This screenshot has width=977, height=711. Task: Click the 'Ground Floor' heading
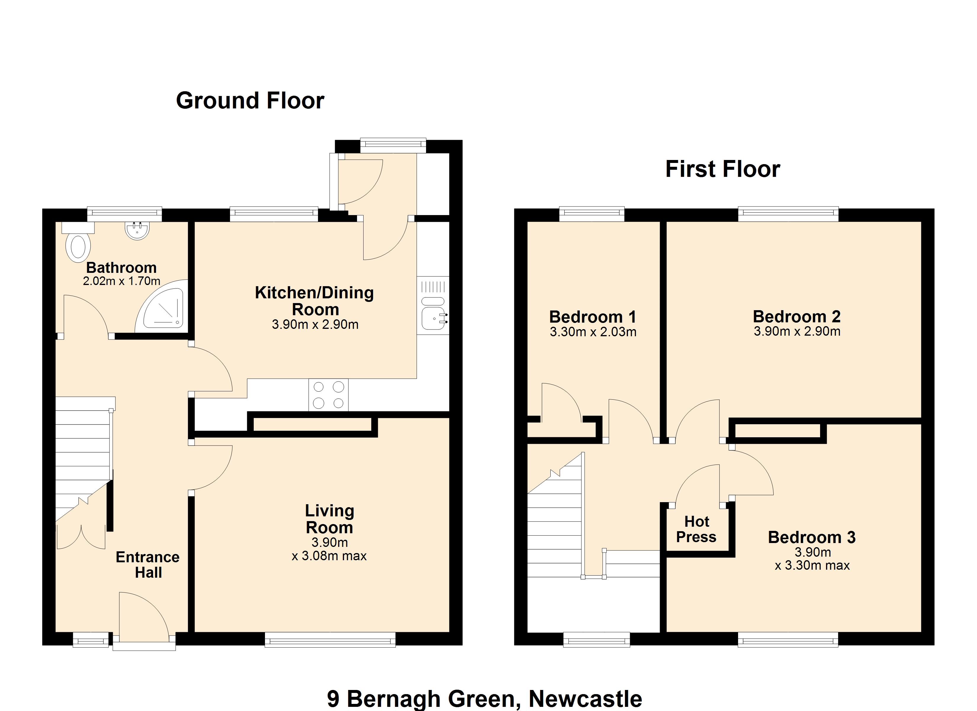pyautogui.click(x=250, y=101)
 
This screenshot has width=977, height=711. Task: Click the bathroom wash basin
pyautogui.click(x=137, y=230)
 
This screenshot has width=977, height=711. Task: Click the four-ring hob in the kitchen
pyautogui.click(x=328, y=395)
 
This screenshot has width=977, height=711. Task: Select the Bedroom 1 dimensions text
pyautogui.click(x=593, y=332)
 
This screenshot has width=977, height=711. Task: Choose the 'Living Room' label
pyautogui.click(x=330, y=519)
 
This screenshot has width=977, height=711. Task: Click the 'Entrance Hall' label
pyautogui.click(x=148, y=565)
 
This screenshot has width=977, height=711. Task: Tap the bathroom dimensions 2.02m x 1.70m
pyautogui.click(x=121, y=281)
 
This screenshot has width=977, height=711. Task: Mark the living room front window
pyautogui.click(x=330, y=639)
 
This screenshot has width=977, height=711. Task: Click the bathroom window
pyautogui.click(x=125, y=214)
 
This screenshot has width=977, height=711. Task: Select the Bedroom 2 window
pyautogui.click(x=788, y=214)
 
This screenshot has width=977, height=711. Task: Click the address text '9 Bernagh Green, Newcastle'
pyautogui.click(x=485, y=699)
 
